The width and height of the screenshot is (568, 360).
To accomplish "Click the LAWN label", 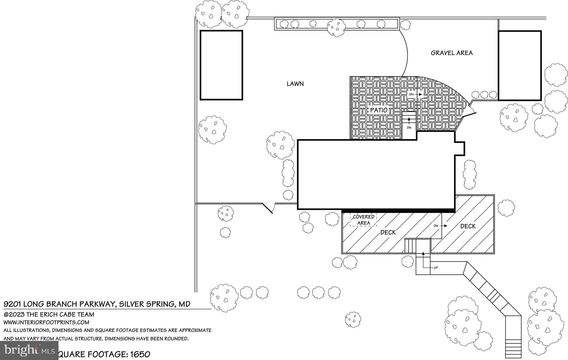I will pos(295,84).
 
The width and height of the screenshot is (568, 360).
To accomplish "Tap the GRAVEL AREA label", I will pos(452,53).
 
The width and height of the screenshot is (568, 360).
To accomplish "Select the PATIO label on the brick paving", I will pos(379,110).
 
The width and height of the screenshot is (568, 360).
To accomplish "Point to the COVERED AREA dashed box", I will pos(363,220).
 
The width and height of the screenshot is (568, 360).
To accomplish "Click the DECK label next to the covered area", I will pos(388,233).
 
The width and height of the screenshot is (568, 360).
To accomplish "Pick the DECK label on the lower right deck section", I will pos(468,226).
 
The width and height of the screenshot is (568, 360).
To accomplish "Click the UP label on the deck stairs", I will pos(436,268).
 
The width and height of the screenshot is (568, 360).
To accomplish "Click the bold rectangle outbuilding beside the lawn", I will pos(221,65).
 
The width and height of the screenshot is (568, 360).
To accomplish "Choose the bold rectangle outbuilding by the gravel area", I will pos(519,66).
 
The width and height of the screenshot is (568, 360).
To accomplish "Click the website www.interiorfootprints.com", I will pos(46,322).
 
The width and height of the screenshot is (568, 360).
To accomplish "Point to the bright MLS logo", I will pos(29,350).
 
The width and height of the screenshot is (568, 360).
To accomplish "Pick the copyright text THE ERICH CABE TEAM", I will pos(60,315).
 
